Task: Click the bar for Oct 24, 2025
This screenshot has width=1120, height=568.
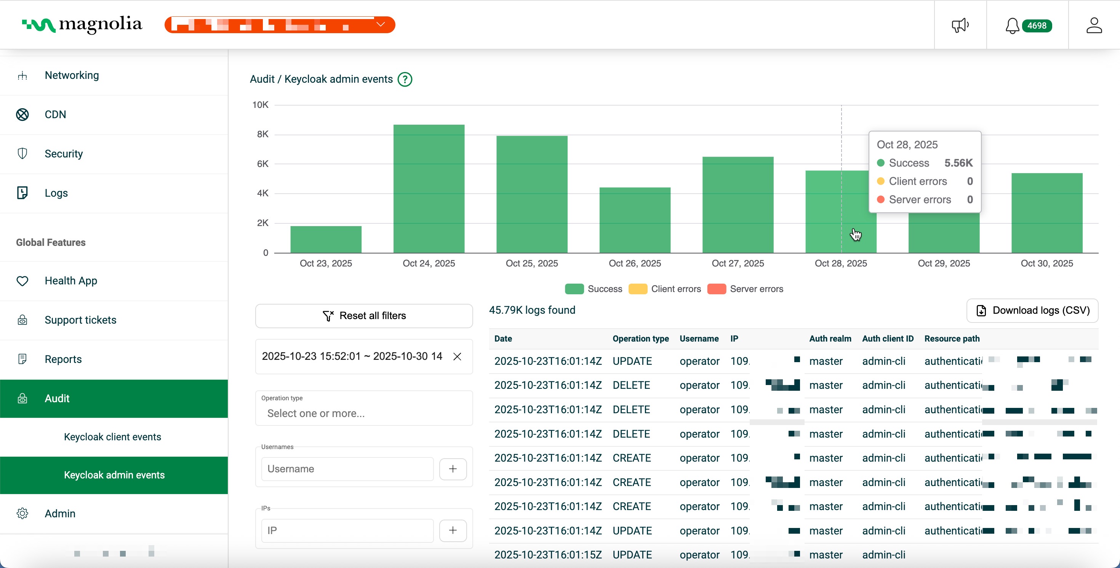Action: point(429,189)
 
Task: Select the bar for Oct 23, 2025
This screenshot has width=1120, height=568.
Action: point(326,240)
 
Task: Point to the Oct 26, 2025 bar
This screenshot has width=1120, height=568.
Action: point(635,220)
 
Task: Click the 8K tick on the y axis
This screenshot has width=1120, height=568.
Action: point(262,135)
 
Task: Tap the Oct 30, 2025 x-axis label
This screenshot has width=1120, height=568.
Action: point(1046,263)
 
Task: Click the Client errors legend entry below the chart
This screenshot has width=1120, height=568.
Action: point(665,289)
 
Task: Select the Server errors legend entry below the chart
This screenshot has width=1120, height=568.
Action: point(746,289)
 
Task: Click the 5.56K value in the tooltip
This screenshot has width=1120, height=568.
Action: point(958,163)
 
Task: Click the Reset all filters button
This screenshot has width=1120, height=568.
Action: point(364,316)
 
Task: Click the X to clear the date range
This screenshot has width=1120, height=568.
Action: point(457,357)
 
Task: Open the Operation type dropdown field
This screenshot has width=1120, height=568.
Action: point(364,413)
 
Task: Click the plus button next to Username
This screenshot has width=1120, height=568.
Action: point(453,469)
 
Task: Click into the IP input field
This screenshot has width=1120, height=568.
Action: point(347,530)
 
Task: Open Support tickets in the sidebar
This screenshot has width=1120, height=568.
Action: point(80,320)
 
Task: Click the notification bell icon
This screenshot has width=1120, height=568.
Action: point(1012,26)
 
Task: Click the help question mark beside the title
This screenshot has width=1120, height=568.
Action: point(405,79)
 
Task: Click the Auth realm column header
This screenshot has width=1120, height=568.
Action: point(830,339)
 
